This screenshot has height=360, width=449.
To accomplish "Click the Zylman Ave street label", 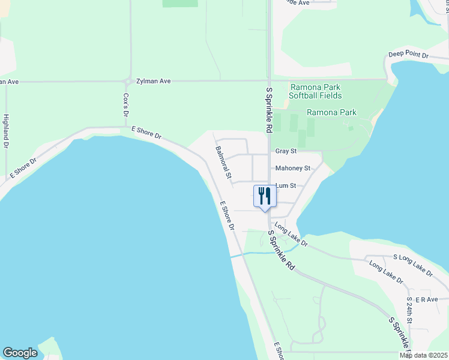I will (154, 80).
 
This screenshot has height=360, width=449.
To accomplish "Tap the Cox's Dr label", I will (126, 104).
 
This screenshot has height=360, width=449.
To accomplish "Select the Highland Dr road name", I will (6, 131).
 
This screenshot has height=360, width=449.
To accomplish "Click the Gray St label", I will (286, 151).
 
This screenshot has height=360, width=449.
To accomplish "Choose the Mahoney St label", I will (292, 169).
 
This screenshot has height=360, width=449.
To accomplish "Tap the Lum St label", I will (286, 186).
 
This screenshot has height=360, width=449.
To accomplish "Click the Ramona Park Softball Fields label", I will (315, 91).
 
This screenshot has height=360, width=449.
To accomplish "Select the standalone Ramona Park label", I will (331, 112).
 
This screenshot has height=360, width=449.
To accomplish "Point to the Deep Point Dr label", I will (408, 55).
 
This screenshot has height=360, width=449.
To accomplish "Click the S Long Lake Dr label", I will (412, 265).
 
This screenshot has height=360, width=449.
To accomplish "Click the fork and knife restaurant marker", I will (264, 196).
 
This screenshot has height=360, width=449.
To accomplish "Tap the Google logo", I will (20, 353).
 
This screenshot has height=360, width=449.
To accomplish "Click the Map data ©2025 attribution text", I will (423, 355).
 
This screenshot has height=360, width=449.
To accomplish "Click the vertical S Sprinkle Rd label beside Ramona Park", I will (268, 110).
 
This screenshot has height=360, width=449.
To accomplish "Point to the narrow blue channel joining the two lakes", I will (264, 253).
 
